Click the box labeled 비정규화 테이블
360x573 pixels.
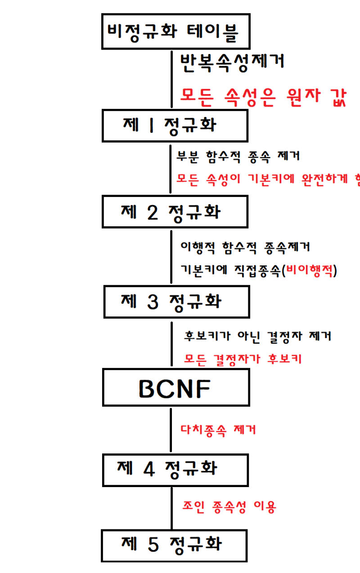[175, 31]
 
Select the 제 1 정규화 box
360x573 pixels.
[175, 125]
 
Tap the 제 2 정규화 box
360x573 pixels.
[175, 212]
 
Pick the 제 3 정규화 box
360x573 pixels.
[176, 301]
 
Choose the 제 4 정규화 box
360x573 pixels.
[175, 470]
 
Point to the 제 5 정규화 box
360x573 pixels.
[174, 546]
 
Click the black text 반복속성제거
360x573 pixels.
[232, 62]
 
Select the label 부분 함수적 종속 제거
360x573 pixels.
[238, 157]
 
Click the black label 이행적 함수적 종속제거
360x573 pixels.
[245, 247]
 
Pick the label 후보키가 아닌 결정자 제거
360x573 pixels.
[257, 336]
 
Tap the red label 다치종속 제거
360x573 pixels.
[218, 430]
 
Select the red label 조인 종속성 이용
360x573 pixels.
[229, 507]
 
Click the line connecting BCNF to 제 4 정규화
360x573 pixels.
[171, 430]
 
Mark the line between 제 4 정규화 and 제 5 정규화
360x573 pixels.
[171, 508]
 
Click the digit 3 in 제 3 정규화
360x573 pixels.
[153, 302]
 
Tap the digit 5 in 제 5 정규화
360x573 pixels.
[153, 546]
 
